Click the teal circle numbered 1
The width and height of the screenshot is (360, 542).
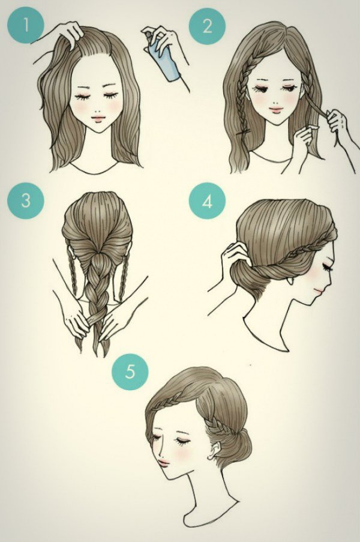(x=26, y=26)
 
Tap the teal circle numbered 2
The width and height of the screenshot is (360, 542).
(x=207, y=26)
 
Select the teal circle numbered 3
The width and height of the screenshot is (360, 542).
(x=26, y=200)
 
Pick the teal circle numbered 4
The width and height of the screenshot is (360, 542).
(x=207, y=202)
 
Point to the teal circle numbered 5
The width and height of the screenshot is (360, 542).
(x=130, y=372)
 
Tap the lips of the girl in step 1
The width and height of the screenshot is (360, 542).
(x=98, y=118)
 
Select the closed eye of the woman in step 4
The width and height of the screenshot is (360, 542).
(x=327, y=267)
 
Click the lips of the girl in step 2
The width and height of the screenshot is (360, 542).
(x=275, y=110)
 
